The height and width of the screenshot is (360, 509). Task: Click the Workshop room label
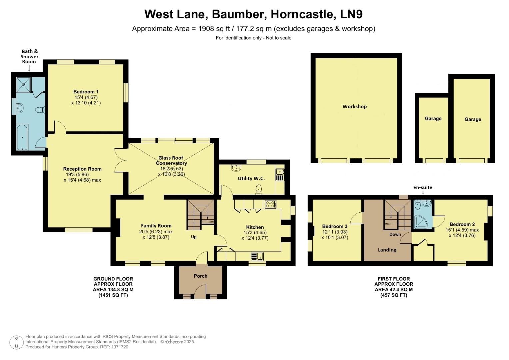tap(354, 107)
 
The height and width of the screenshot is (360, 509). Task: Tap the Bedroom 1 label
tap(86, 92)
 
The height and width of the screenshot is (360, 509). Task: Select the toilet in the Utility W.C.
tap(259, 190)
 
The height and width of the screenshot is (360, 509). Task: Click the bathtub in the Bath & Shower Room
tap(22, 137)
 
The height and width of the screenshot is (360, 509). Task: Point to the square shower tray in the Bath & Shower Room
tap(23, 84)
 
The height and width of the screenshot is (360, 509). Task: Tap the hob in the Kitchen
tap(270, 204)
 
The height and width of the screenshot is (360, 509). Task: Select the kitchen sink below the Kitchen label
tap(257, 256)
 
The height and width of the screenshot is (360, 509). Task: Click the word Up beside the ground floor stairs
tap(194, 237)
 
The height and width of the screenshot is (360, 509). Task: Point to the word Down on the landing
tap(395, 234)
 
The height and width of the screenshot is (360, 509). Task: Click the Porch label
tap(200, 276)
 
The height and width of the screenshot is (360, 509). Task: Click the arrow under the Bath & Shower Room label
tap(29, 68)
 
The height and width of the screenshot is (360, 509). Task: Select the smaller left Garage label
tap(433, 119)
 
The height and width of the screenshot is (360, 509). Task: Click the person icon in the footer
tap(16, 342)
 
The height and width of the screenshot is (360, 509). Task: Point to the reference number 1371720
tap(119, 347)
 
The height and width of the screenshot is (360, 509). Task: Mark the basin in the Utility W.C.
tap(238, 167)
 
